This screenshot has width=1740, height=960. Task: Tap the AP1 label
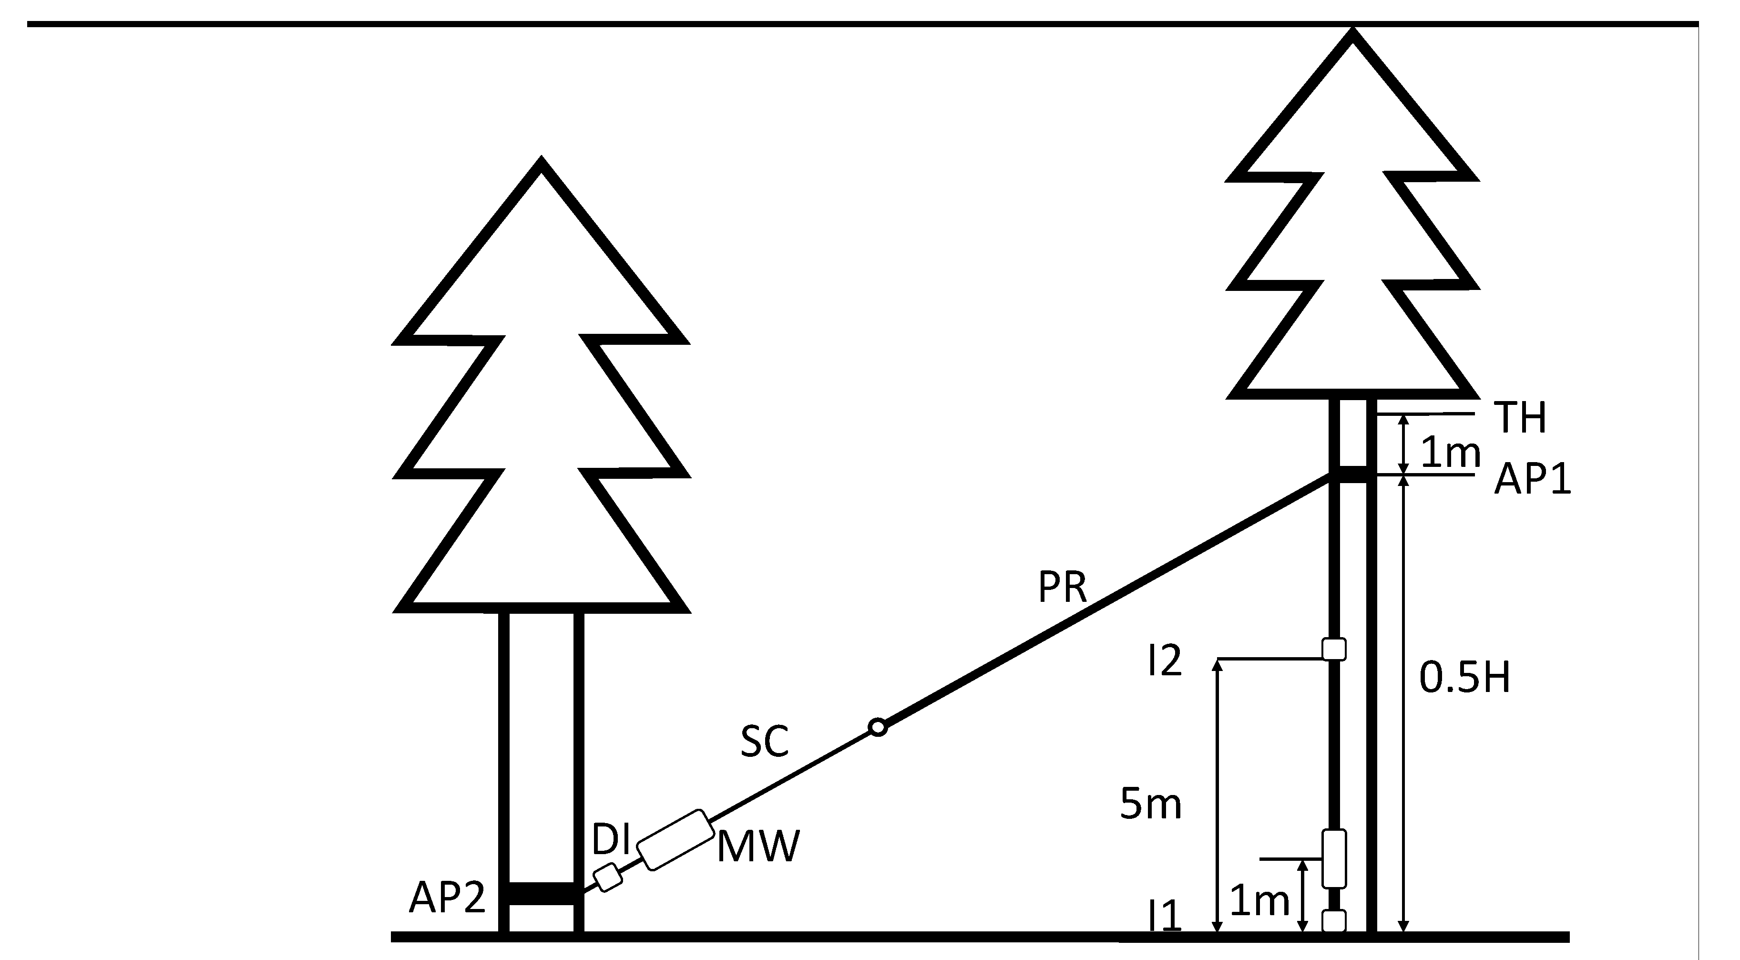pos(1532,480)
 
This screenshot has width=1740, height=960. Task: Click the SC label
pos(765,741)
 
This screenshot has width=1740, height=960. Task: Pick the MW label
pos(758,846)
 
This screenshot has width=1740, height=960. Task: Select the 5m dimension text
pos(1150,804)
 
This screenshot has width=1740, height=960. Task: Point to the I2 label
pos(1165,660)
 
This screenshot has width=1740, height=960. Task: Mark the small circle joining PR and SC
pos(878,727)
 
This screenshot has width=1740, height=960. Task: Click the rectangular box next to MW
pos(676,839)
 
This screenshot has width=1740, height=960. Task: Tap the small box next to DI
pos(607,877)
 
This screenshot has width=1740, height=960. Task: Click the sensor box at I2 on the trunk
pos(1333,649)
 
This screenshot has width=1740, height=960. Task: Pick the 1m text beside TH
pos(1450,452)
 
